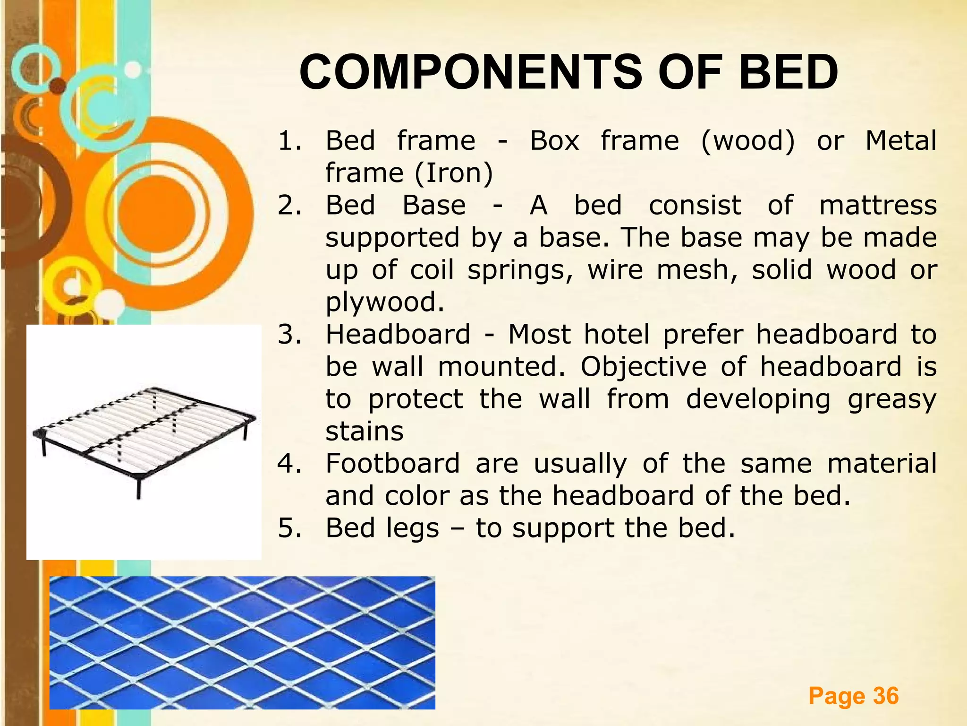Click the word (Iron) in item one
[x=454, y=173]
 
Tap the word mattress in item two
[x=877, y=206]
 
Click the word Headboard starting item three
[x=398, y=334]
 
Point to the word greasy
[x=891, y=399]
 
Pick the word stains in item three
[x=364, y=431]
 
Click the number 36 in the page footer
[x=885, y=696]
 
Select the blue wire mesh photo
[x=242, y=642]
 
